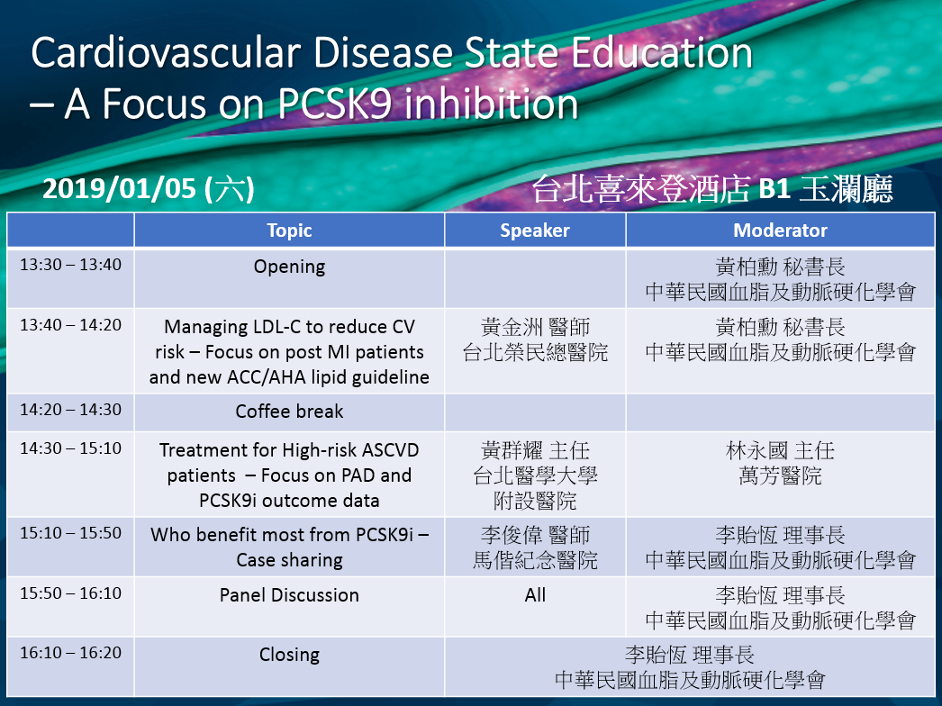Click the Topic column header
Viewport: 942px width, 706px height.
[289, 231]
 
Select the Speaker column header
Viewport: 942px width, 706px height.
[535, 231]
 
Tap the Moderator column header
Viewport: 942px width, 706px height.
[780, 231]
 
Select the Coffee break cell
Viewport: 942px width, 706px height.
[289, 411]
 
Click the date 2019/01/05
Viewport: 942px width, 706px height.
[119, 189]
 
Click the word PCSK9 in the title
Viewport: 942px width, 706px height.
[335, 104]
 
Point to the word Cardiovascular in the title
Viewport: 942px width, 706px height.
[165, 53]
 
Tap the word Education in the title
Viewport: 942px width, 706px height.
[661, 53]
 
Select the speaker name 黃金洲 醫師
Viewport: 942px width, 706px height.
[535, 327]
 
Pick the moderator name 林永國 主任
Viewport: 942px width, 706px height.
[780, 450]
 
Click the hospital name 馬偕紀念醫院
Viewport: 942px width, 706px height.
[535, 560]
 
